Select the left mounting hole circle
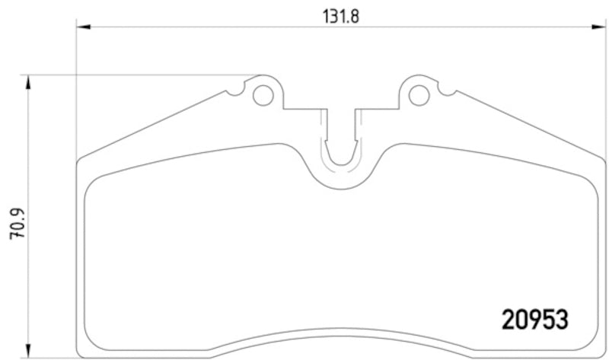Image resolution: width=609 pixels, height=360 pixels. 262,95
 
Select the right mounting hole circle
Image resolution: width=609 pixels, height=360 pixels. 418,95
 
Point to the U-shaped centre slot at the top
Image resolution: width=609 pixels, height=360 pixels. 340,145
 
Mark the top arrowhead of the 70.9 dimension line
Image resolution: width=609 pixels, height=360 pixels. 28,82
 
